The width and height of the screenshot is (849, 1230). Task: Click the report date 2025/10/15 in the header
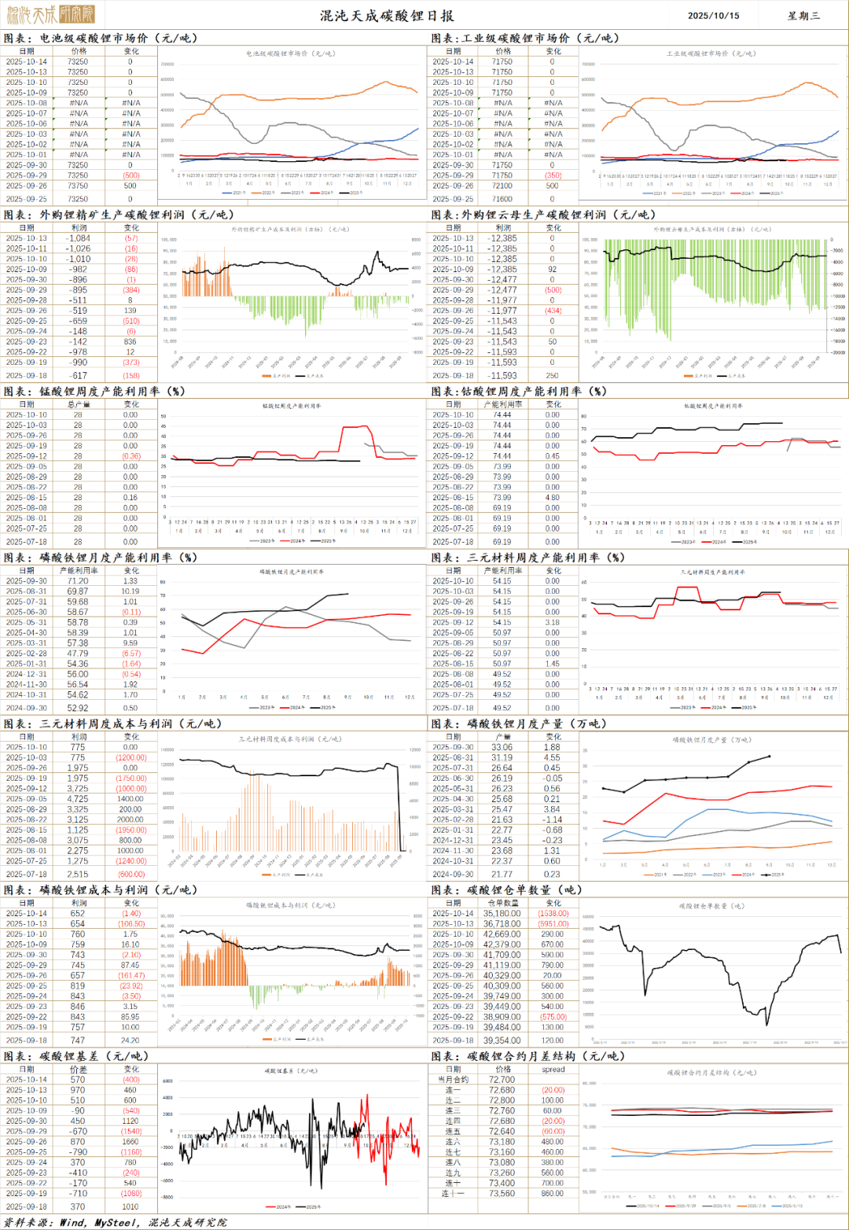coord(713,16)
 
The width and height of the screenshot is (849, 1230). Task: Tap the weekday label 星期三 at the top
coord(803,16)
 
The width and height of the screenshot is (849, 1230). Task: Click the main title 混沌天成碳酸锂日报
coord(387,16)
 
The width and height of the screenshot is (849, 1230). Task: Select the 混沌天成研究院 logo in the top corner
coord(50,13)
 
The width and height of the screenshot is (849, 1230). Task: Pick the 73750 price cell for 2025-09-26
coord(78,186)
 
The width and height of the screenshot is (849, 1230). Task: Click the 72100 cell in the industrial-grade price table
coord(502,186)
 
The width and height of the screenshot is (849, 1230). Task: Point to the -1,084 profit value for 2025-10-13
coord(78,238)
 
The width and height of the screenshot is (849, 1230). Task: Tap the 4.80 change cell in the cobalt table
coord(553,497)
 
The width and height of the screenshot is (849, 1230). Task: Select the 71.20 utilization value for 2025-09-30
coord(78,581)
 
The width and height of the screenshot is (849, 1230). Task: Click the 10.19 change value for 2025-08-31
coord(130,591)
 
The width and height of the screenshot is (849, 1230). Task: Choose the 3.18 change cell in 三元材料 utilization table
coord(553,622)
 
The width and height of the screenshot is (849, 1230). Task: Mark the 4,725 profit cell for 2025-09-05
coord(78,799)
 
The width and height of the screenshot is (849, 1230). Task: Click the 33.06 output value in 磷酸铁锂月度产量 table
coord(502,747)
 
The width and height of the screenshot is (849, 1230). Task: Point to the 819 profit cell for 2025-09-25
coord(78,985)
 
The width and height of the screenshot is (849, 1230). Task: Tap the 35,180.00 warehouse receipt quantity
coord(502,913)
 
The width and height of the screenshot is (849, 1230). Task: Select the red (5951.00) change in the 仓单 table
coord(553,924)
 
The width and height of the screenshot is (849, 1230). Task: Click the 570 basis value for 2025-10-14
coord(78,1080)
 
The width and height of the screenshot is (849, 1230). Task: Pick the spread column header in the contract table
coord(553,1070)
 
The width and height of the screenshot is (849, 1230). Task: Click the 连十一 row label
coord(453,1193)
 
